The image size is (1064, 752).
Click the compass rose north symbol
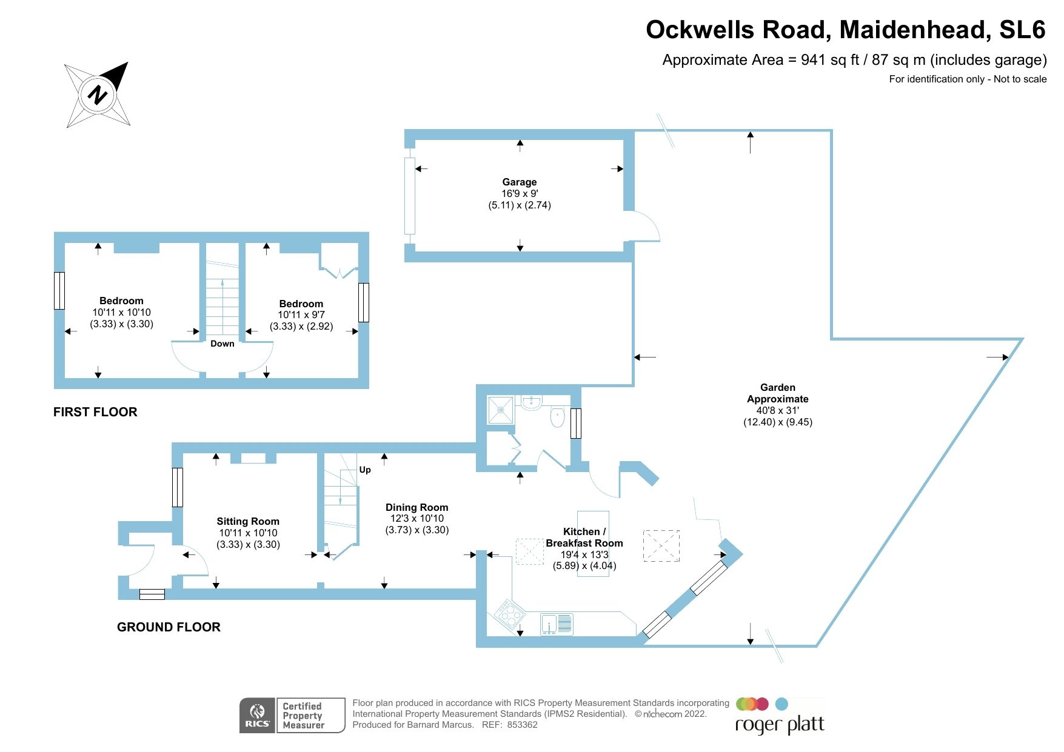pyautogui.click(x=98, y=95)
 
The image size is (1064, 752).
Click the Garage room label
pyautogui.click(x=519, y=182)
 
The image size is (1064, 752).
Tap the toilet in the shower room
pyautogui.click(x=557, y=417)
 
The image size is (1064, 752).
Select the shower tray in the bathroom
pyautogui.click(x=501, y=410)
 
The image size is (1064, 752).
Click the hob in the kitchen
pyautogui.click(x=509, y=613)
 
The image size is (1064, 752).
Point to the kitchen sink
pyautogui.click(x=556, y=624)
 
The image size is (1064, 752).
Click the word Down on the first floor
pyautogui.click(x=222, y=344)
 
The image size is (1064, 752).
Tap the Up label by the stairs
pyautogui.click(x=365, y=470)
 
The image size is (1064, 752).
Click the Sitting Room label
pyautogui.click(x=248, y=521)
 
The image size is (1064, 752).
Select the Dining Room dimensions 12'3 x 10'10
pyautogui.click(x=417, y=519)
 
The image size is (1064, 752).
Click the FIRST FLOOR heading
pyautogui.click(x=95, y=412)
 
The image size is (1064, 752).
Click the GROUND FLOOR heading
pyautogui.click(x=169, y=627)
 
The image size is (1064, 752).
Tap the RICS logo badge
pyautogui.click(x=258, y=716)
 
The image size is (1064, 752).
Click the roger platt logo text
pyautogui.click(x=780, y=724)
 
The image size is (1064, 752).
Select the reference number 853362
pyautogui.click(x=522, y=725)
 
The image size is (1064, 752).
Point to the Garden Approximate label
pyautogui.click(x=777, y=393)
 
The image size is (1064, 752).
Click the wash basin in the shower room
pyautogui.click(x=531, y=402)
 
